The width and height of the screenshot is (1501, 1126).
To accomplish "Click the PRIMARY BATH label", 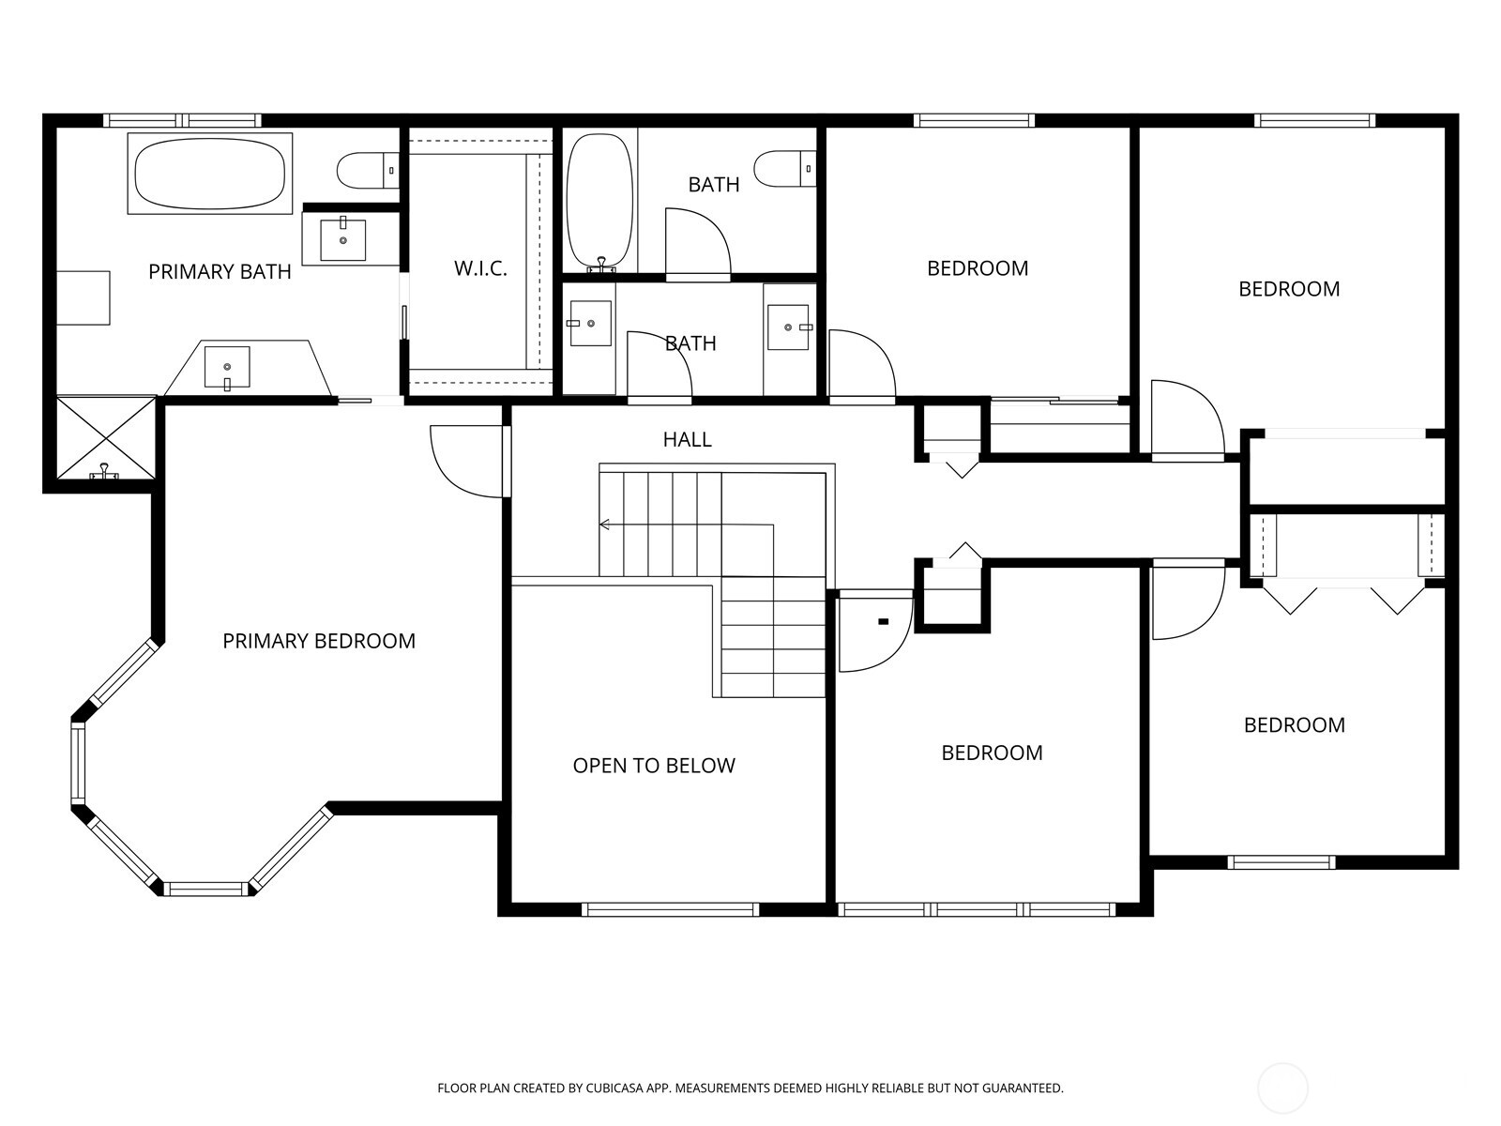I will [x=220, y=272].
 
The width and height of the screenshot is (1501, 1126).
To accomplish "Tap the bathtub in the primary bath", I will [x=210, y=174].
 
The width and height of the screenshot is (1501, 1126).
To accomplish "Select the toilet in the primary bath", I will [x=366, y=171].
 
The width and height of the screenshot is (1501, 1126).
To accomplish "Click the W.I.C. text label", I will [x=480, y=269].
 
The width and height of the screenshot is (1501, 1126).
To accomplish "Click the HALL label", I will [x=687, y=439].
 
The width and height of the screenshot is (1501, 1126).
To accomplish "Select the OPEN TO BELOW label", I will [x=654, y=766].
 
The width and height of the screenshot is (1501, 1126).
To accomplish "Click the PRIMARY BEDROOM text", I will [x=319, y=641].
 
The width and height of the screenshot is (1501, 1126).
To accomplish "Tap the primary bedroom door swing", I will [x=464, y=460].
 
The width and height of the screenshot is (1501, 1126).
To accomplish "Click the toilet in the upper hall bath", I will [x=784, y=169].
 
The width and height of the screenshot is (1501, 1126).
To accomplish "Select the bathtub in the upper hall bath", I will [x=600, y=202].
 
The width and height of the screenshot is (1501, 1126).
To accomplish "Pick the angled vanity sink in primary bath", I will [x=228, y=368].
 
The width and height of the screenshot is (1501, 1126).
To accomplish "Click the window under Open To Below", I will [x=670, y=909].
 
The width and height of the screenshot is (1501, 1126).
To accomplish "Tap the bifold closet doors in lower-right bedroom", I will [x=1343, y=597].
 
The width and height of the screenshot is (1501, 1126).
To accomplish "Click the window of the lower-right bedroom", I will [x=1281, y=862].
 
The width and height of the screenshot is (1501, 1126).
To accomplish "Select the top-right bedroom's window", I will [x=1315, y=120].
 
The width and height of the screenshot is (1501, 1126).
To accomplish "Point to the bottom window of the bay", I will [x=205, y=888].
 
